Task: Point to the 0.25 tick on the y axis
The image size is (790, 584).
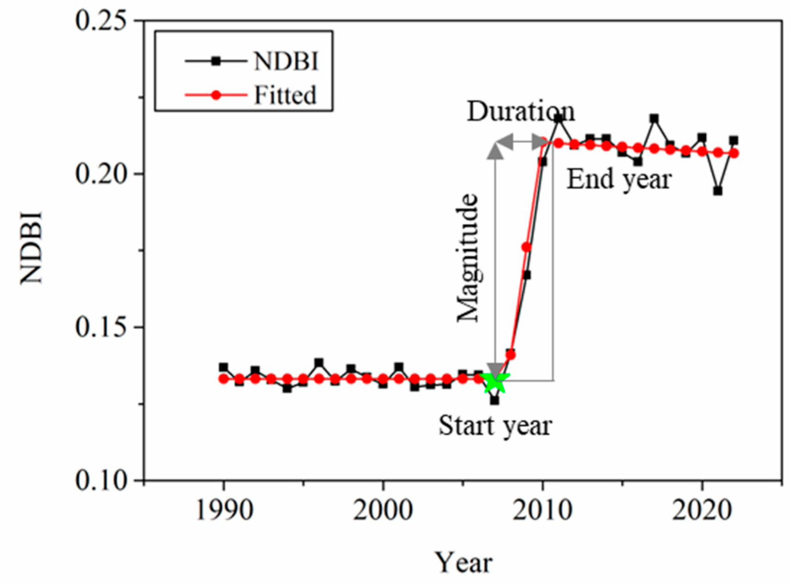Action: pyautogui.click(x=101, y=21)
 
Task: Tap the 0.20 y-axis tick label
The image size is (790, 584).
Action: pyautogui.click(x=101, y=174)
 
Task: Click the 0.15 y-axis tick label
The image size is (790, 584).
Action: pyautogui.click(x=101, y=327)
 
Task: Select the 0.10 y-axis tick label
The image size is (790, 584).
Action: pyautogui.click(x=101, y=480)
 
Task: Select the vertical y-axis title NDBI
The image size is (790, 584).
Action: pyautogui.click(x=31, y=247)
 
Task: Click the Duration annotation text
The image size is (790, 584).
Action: pyautogui.click(x=520, y=111)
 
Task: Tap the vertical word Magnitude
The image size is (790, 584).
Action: pyautogui.click(x=468, y=258)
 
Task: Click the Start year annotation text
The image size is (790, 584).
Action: pyautogui.click(x=495, y=425)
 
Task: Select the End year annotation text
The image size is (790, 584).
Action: pyautogui.click(x=619, y=179)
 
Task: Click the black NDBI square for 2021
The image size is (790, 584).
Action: pyautogui.click(x=718, y=191)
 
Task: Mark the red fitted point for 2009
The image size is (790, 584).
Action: pyautogui.click(x=526, y=247)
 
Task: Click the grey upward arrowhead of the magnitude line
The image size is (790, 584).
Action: pyautogui.click(x=495, y=152)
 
